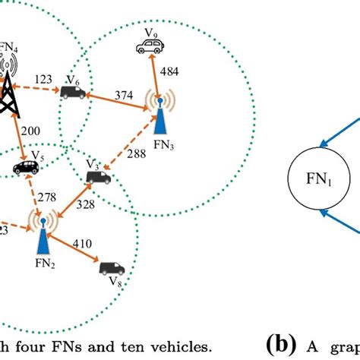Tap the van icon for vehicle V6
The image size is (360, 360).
[74, 93]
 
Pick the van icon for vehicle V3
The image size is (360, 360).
[99, 178]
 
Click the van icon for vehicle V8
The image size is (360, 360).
[110, 267]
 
